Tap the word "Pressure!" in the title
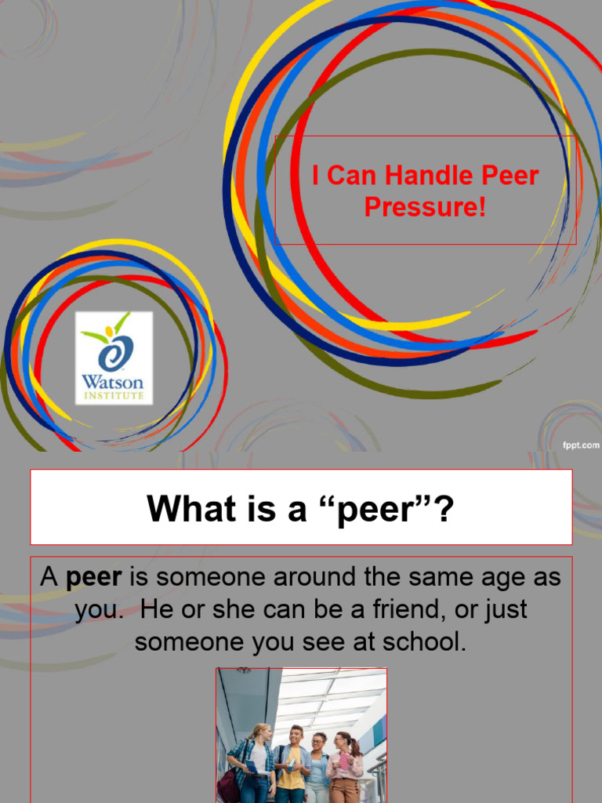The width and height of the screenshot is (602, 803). pyautogui.click(x=426, y=209)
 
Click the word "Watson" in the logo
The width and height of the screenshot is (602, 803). pyautogui.click(x=113, y=383)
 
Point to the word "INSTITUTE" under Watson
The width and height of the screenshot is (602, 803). pyautogui.click(x=114, y=397)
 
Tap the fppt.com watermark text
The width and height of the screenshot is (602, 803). pyautogui.click(x=580, y=445)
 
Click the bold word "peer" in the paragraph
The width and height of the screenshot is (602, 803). pyautogui.click(x=93, y=578)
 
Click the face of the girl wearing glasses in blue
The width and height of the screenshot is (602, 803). pyautogui.click(x=317, y=742)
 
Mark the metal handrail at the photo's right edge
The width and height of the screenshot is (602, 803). pyautogui.click(x=379, y=772)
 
